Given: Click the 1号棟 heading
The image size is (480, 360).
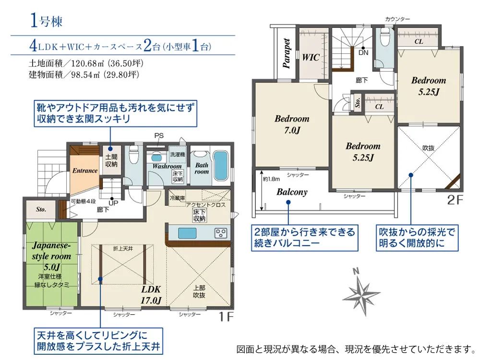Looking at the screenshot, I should pyautogui.click(x=46, y=21).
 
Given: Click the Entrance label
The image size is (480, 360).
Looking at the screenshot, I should pyautogui.click(x=85, y=170).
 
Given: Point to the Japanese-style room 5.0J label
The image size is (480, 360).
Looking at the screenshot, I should pyautogui.click(x=51, y=256).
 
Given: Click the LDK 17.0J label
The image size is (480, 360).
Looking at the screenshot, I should pyautogui.click(x=150, y=295).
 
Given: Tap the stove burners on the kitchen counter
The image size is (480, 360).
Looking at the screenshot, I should pyautogui.click(x=221, y=234).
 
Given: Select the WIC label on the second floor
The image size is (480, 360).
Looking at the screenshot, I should pyautogui.click(x=311, y=57).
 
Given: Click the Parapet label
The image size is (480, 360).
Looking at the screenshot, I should pyautogui.click(x=287, y=54).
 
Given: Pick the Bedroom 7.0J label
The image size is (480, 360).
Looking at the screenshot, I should pyautogui.click(x=292, y=124).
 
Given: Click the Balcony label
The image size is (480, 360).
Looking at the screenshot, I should pyautogui.click(x=292, y=192).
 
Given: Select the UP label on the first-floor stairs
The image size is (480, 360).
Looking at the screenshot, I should pyautogui.click(x=114, y=203).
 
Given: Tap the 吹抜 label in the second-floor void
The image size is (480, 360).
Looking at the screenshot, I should pyautogui.click(x=428, y=148).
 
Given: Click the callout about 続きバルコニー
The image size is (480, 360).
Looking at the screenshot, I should pyautogui.click(x=305, y=238).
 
